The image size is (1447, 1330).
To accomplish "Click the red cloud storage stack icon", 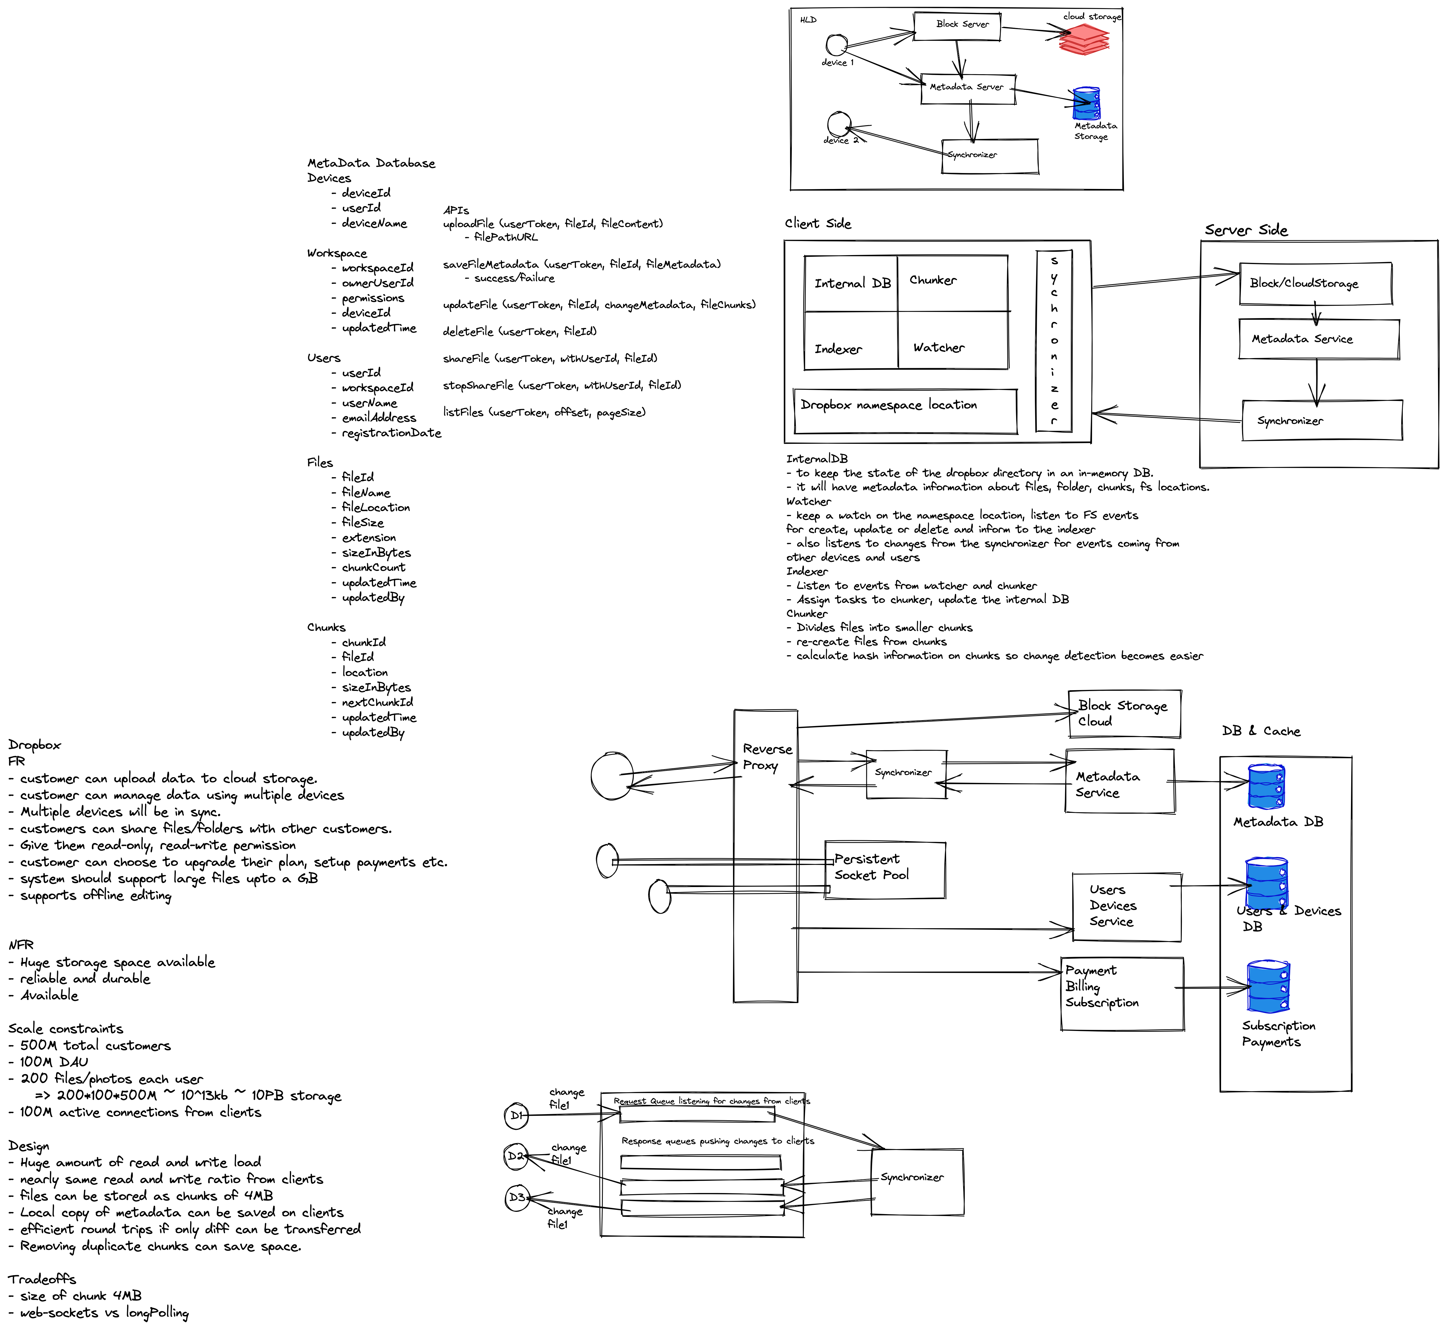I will click(1084, 39).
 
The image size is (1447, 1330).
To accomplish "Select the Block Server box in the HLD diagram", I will click(958, 25).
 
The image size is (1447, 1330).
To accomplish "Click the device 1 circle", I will click(835, 45).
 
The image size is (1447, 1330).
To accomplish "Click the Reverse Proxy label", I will click(767, 757).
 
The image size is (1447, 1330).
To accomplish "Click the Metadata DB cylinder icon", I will click(1266, 787).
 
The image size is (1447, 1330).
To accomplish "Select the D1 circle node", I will click(516, 1116).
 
